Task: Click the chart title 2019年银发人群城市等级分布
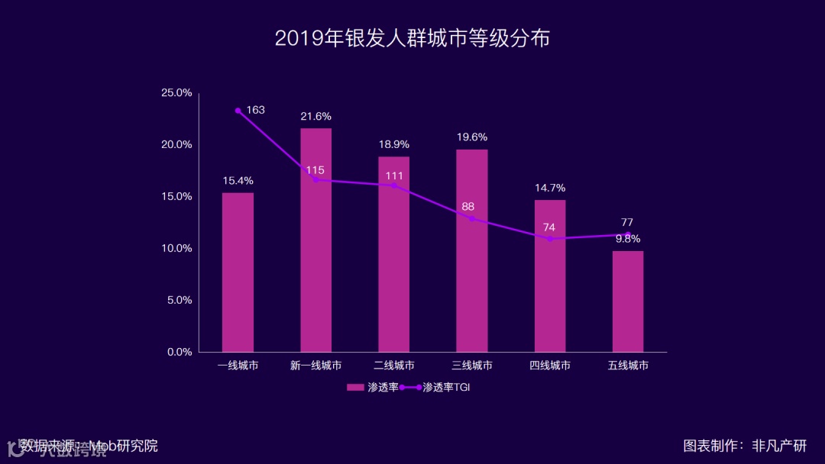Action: tap(412, 39)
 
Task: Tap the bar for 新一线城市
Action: tap(315, 240)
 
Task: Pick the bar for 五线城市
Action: tap(628, 301)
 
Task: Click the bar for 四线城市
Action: tap(550, 275)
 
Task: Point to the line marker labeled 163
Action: tap(238, 111)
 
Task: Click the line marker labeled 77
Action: tap(628, 234)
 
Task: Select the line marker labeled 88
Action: tap(472, 219)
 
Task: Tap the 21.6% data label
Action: tap(315, 117)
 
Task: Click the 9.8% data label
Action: tap(628, 239)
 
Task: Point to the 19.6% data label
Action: tap(472, 137)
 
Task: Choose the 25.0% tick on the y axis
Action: tap(176, 93)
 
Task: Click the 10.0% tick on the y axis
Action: tap(176, 249)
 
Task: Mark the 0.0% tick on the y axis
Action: tap(180, 352)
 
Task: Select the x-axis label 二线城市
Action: tap(394, 366)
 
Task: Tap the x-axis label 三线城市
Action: tap(472, 366)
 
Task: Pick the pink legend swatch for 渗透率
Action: tap(356, 388)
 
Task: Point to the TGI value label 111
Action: tap(394, 176)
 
